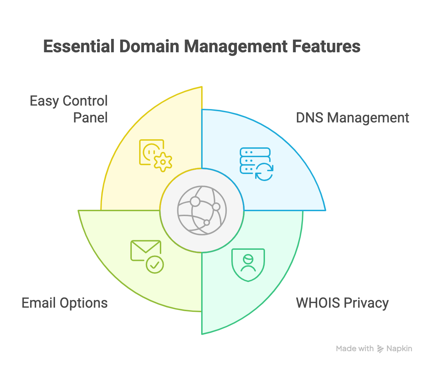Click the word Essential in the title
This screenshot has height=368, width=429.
79,47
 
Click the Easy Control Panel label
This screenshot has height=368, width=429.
69,109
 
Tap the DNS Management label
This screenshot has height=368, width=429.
352,118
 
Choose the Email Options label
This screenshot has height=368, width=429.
65,303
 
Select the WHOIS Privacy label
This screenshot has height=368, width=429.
342,303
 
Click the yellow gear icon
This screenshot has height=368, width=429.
163,162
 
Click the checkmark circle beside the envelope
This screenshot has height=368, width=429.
155,265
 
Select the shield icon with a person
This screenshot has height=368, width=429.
248,265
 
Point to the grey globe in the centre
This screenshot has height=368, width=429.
202,210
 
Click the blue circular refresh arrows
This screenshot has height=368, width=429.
264,172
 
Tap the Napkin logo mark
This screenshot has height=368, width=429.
380,349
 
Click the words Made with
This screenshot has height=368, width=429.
355,349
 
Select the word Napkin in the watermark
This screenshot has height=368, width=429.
399,349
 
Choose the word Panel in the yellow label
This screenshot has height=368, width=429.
90,118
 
